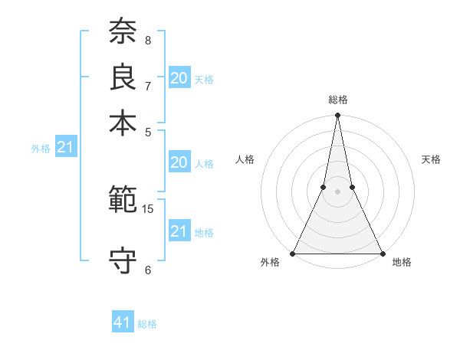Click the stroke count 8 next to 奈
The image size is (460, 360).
(x=148, y=40)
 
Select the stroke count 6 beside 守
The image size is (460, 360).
(x=148, y=270)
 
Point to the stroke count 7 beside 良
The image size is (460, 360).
(x=148, y=85)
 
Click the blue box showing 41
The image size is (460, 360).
(x=123, y=323)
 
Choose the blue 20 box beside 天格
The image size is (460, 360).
(x=179, y=78)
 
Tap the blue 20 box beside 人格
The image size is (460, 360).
(x=179, y=162)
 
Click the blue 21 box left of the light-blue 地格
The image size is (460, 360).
(x=179, y=231)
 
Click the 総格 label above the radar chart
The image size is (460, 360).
(x=337, y=100)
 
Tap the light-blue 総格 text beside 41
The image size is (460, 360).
(x=147, y=324)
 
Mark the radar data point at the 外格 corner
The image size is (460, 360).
(x=294, y=253)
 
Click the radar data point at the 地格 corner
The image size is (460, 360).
(x=381, y=253)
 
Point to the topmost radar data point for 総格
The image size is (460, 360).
(x=337, y=116)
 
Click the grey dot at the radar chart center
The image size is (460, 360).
(x=337, y=192)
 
